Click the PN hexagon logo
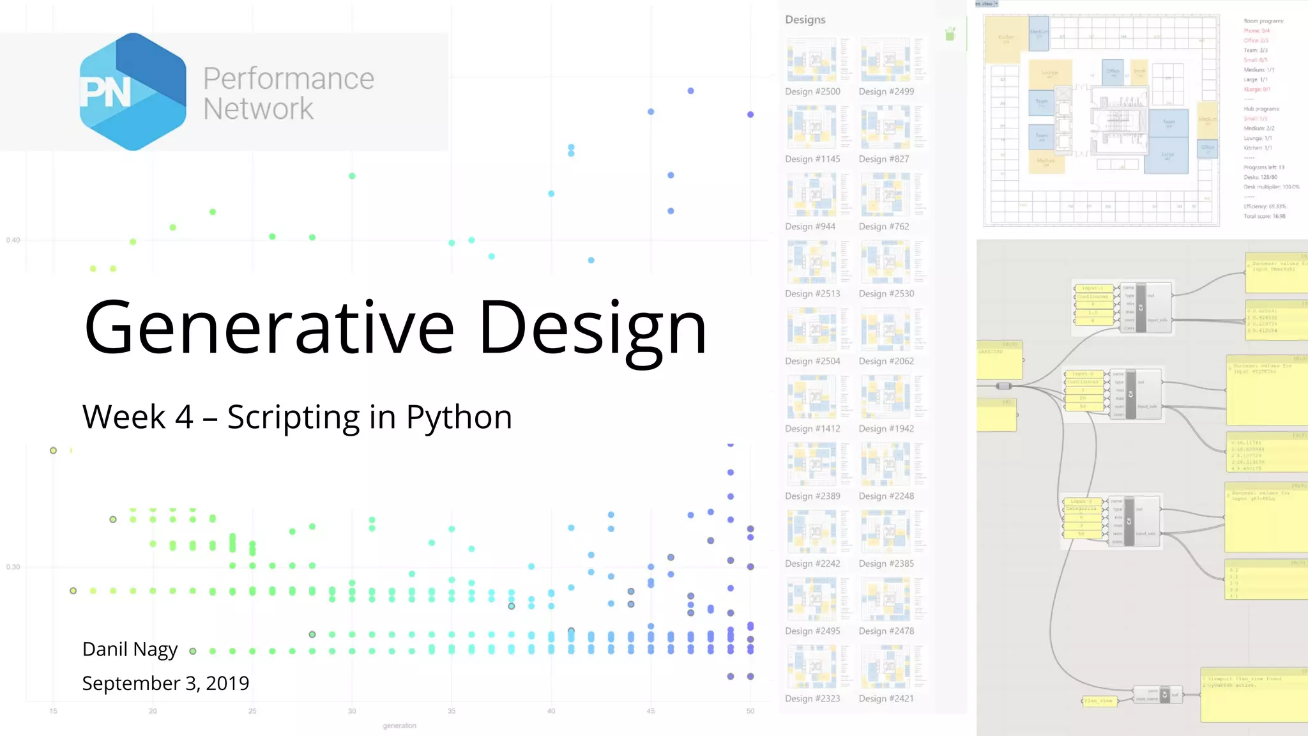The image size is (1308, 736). (x=133, y=91)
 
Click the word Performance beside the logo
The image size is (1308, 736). (x=288, y=79)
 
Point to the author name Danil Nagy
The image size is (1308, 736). (x=130, y=649)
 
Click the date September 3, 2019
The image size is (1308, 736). (x=165, y=683)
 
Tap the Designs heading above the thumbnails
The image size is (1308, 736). (x=805, y=20)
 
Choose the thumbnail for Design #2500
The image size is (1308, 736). (x=812, y=60)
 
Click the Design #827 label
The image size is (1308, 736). (x=883, y=159)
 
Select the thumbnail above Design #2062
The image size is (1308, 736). (x=886, y=329)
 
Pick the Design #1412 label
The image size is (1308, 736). (x=812, y=429)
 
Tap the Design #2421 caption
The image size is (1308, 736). (x=886, y=698)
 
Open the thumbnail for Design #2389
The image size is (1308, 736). (x=812, y=464)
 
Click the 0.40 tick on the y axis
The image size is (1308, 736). (x=13, y=240)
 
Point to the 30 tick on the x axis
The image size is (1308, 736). (x=352, y=711)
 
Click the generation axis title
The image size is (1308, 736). (x=399, y=726)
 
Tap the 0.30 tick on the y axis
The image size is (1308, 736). (x=13, y=567)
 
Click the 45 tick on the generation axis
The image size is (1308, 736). (x=650, y=711)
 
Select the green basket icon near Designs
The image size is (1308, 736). (x=950, y=34)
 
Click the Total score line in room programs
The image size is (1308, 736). (x=1264, y=217)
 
